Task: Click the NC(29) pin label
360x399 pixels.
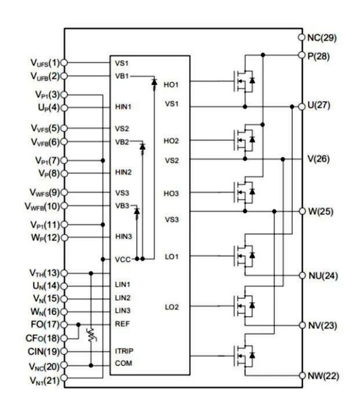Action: tap(322, 38)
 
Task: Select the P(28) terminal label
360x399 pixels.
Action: tap(319, 55)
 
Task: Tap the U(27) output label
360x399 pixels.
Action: tap(319, 106)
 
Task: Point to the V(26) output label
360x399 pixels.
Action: tap(319, 159)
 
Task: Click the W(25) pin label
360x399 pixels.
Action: tap(320, 212)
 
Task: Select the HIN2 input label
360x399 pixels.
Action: tap(124, 172)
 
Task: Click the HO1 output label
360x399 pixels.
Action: tap(171, 85)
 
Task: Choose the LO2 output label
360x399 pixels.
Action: tap(171, 308)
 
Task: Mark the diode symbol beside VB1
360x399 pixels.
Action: tap(154, 81)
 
